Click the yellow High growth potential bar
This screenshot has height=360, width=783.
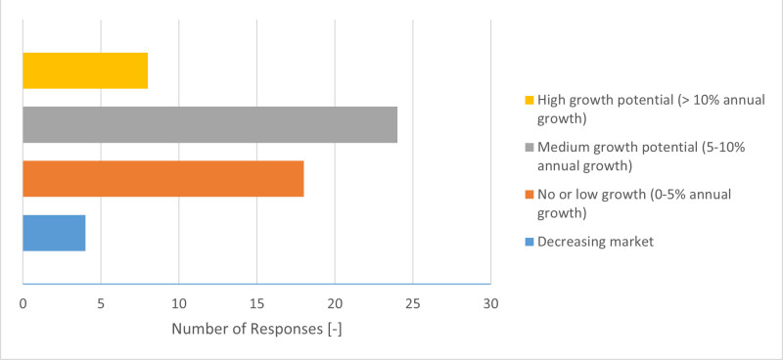(x=85, y=70)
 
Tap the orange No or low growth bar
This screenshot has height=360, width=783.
(x=162, y=178)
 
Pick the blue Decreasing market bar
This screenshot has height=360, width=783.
(x=54, y=232)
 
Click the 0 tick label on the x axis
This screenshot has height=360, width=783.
(x=23, y=304)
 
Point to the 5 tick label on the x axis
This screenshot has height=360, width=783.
(x=101, y=304)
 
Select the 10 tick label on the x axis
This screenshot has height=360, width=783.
(x=178, y=304)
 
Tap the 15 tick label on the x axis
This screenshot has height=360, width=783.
(x=256, y=304)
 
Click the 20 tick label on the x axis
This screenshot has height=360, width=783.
(x=335, y=304)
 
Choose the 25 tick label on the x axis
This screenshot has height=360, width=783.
(x=413, y=304)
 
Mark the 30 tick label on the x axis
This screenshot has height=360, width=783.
(x=490, y=304)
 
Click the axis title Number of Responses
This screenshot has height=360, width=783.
(x=256, y=329)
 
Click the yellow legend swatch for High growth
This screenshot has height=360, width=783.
(x=530, y=101)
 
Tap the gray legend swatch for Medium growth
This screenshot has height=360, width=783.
(x=530, y=148)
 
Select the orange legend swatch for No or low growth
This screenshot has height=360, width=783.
(x=530, y=195)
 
